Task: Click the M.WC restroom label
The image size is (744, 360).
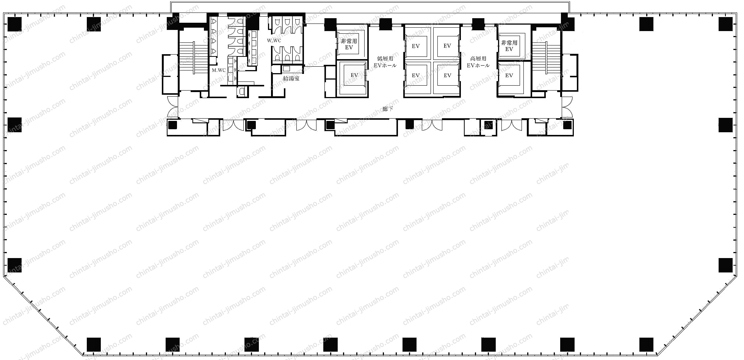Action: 219,70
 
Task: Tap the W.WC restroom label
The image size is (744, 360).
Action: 274,41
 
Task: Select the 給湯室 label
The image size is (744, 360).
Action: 291,78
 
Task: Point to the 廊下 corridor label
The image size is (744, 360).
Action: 388,109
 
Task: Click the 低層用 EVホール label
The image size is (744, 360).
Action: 385,62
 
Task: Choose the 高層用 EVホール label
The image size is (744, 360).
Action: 478,62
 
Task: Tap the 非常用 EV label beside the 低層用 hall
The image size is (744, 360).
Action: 349,44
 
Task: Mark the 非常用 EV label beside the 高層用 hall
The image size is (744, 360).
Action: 509,45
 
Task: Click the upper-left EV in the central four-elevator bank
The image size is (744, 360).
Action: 416,46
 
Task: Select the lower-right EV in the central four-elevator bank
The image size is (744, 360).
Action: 447,75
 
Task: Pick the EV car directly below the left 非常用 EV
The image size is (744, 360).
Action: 354,75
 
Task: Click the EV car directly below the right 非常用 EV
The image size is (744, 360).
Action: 509,75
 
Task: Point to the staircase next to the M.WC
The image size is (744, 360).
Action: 193,58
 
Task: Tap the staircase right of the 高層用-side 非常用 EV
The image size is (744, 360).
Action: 546,58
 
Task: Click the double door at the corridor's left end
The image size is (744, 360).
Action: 173,107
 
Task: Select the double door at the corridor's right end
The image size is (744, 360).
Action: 567,107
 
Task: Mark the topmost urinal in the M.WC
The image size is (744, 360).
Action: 213,22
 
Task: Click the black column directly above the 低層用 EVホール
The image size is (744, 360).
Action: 385,24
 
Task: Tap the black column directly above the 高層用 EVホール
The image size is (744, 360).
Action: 478,24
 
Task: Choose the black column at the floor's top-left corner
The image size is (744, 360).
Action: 14,24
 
